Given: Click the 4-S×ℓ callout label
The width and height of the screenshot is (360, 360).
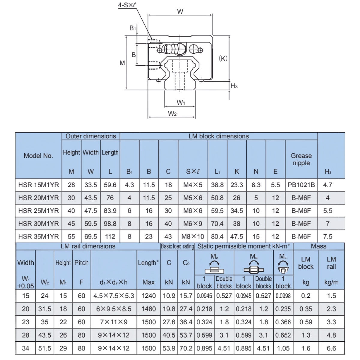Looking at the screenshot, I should click(x=127, y=5).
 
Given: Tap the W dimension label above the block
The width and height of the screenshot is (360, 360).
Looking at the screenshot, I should click(x=180, y=12).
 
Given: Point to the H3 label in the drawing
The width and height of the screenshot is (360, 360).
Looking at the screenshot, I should click(x=234, y=86).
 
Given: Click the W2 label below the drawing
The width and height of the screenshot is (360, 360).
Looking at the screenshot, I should click(x=172, y=113).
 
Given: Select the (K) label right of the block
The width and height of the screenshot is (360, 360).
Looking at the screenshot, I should click(x=223, y=58).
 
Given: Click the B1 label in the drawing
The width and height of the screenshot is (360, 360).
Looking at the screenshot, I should click(x=133, y=28).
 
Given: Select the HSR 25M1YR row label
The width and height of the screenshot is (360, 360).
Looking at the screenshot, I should click(x=38, y=211).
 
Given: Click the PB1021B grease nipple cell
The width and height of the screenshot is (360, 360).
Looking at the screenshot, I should click(x=301, y=185).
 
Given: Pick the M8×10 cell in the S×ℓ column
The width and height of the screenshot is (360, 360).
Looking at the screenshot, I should click(x=193, y=236).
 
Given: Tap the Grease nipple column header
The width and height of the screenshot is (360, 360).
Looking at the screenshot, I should click(x=301, y=159).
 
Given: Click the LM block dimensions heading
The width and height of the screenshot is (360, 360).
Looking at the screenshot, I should click(x=219, y=136).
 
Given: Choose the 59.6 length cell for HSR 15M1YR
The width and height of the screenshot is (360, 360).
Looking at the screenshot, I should click(x=110, y=185).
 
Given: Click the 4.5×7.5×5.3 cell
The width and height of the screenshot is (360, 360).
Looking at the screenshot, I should click(x=114, y=296).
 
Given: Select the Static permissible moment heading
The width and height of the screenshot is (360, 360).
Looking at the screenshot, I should click(x=243, y=246).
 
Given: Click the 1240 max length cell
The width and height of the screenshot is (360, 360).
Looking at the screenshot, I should click(x=148, y=296).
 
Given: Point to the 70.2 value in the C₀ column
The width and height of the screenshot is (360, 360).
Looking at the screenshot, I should click(x=186, y=348).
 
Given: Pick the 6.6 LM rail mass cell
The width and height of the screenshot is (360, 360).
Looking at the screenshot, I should click(x=331, y=348).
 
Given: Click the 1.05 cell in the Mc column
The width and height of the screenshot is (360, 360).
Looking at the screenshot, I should click(x=283, y=348).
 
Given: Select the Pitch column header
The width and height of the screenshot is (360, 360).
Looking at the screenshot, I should click(x=81, y=263).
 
